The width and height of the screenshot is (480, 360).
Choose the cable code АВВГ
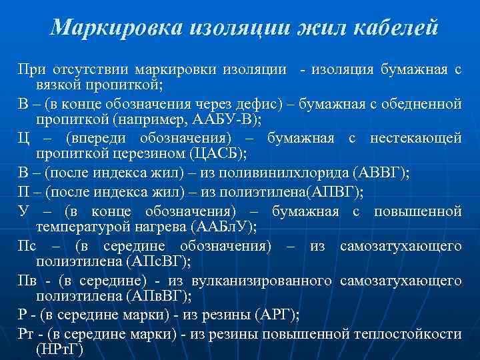pyautogui.click(x=381, y=173)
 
